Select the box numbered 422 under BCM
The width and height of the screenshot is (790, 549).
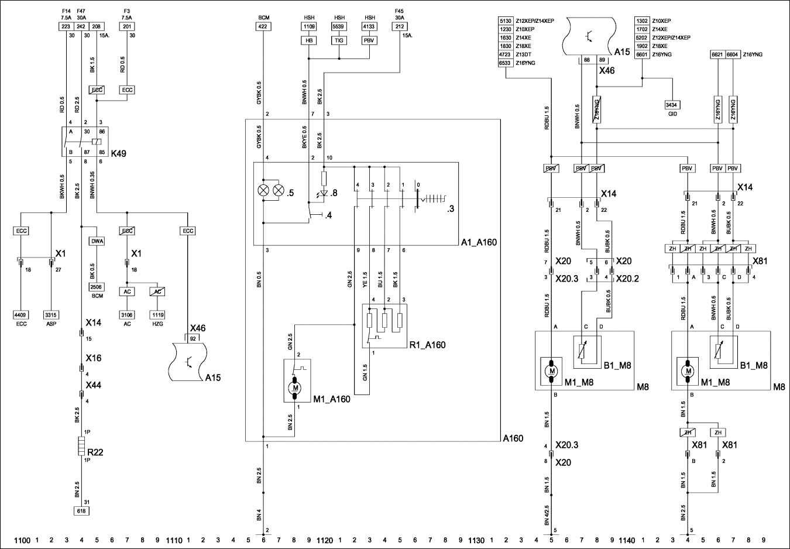(263, 26)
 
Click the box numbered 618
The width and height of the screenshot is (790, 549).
(81, 510)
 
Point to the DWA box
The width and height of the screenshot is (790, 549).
(97, 241)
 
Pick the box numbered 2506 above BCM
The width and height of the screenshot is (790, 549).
(97, 287)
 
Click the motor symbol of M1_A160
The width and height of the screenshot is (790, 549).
(295, 388)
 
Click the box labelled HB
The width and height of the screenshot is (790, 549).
(308, 40)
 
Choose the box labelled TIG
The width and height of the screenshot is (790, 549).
(339, 40)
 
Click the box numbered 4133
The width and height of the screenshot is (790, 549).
(369, 26)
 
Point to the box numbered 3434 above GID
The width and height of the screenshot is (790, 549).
(672, 105)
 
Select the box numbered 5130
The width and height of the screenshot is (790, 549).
(505, 20)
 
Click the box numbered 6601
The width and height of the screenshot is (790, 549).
(642, 54)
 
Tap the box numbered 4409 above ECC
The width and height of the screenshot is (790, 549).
(21, 315)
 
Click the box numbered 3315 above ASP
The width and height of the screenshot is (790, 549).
(51, 315)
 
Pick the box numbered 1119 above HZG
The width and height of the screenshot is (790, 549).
(157, 315)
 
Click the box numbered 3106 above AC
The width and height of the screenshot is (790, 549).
(127, 315)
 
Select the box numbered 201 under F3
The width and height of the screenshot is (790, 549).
(127, 26)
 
